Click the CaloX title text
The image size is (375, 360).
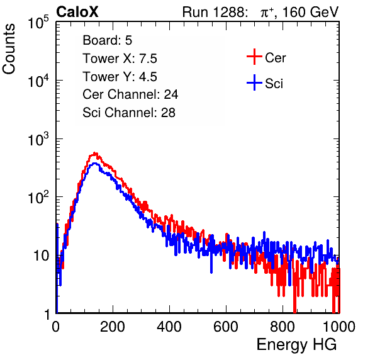(77, 12)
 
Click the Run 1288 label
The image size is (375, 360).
(215, 12)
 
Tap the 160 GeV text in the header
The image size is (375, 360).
(311, 12)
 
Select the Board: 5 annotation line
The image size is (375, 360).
(108, 40)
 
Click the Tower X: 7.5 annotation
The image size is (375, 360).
(120, 59)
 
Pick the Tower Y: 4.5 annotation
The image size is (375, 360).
(120, 77)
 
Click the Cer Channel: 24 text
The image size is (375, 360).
(130, 94)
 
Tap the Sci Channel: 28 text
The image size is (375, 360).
(129, 113)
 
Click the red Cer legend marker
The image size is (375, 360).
(254, 57)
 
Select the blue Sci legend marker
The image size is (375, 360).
(254, 83)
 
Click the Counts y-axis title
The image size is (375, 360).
(9, 49)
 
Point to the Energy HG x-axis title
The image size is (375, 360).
(296, 344)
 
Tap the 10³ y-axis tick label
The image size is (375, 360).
(38, 139)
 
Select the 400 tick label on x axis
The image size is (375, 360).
(169, 327)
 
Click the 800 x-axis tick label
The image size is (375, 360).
(283, 327)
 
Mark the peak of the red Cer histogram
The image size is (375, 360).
(95, 153)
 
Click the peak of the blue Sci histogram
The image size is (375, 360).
(95, 164)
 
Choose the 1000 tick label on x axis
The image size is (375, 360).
(339, 327)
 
